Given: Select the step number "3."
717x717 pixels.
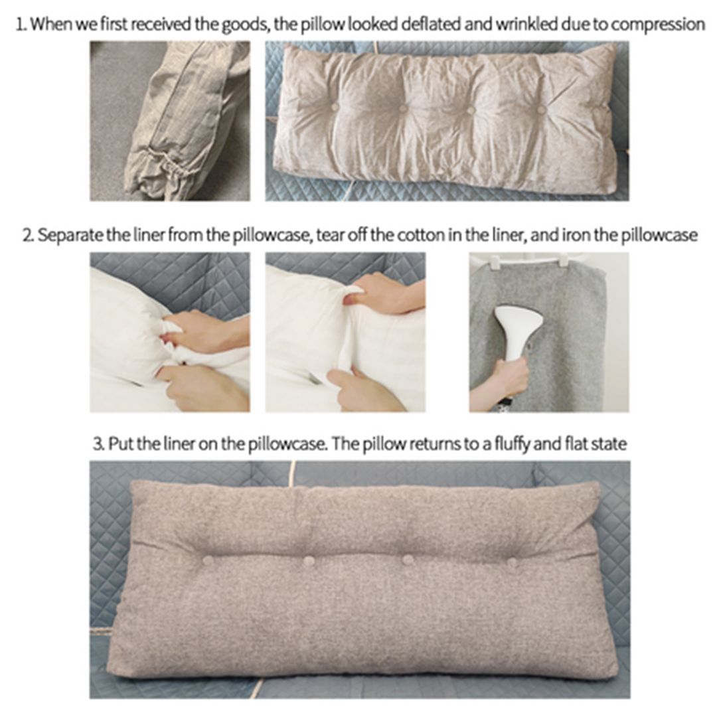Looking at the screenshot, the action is coord(99,444).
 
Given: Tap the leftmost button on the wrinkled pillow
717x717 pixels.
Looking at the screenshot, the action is coord(335,107).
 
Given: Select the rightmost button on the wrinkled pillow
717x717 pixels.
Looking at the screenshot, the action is coord(541,110).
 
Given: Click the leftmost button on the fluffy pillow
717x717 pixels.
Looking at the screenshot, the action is coord(208,560).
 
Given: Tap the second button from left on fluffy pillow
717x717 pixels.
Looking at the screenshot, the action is coord(309,560).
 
